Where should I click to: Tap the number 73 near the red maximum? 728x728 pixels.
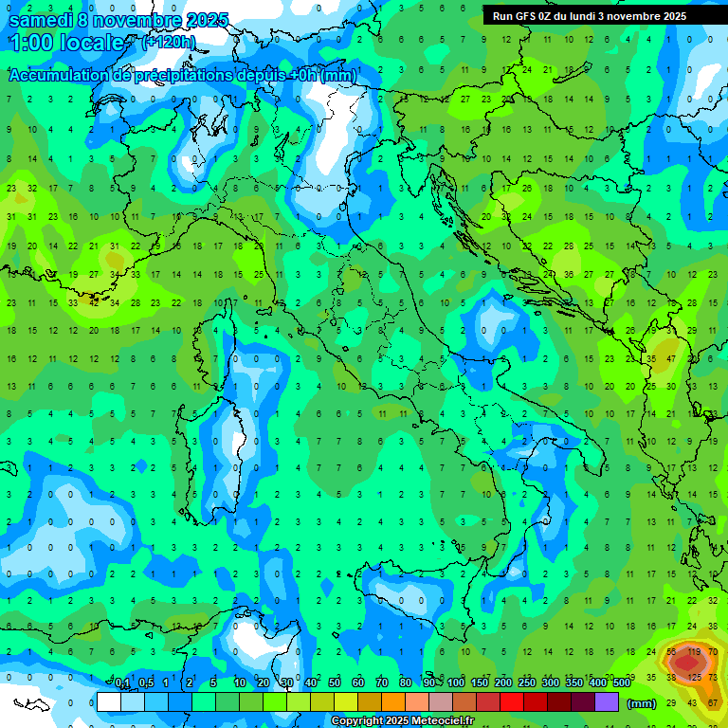pos(713,678)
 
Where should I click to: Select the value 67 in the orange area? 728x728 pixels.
pos(713,702)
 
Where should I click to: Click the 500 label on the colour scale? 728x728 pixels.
pos(622,683)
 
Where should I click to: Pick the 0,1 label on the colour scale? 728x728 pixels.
pos(121,683)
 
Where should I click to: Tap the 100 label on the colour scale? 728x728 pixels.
pos(456,683)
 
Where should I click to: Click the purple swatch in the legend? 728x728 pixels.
pos(607,701)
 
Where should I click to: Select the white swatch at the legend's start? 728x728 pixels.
pos(109,701)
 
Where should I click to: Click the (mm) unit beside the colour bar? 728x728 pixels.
pos(641,703)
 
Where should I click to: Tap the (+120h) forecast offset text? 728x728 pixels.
pos(168,43)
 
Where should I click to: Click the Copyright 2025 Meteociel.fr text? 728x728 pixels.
pos(402,721)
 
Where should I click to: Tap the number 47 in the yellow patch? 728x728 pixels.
pos(671,360)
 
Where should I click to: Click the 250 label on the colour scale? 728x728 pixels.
pos(527,683)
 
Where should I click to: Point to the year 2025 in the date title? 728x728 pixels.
pos(208,20)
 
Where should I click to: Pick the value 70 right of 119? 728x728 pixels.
pos(713,652)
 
